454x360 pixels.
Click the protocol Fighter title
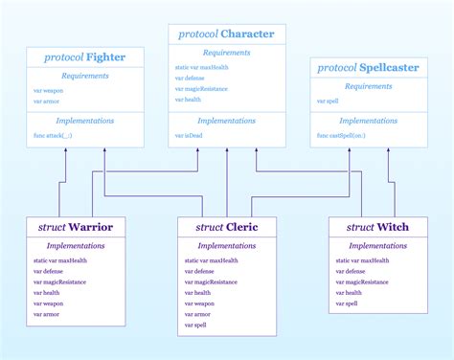pos(85,57)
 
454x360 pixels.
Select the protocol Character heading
pos(226,34)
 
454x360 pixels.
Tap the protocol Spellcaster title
pos(369,68)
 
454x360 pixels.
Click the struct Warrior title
pos(76,228)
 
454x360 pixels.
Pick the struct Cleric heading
pos(226,227)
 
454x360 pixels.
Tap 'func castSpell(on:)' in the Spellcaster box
pos(340,137)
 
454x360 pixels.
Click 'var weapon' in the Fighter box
pos(48,90)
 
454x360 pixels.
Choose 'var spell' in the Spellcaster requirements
pos(329,101)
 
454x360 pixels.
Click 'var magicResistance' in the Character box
pos(200,89)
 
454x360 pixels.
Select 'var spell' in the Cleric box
pos(195,325)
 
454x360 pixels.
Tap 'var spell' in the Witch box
pos(346,303)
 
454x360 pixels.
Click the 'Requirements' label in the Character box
pos(226,53)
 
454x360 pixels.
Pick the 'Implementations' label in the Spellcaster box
pos(369,121)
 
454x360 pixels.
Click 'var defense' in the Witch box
pos(351,271)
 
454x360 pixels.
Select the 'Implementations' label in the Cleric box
pos(226,245)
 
